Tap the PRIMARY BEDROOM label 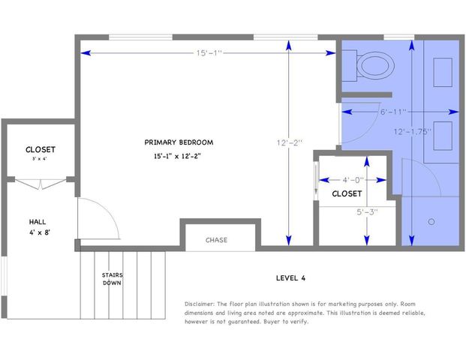pyautogui.click(x=179, y=142)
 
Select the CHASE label pyautogui.click(x=217, y=240)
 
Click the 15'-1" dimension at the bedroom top pyautogui.click(x=209, y=53)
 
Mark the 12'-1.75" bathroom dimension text pyautogui.click(x=413, y=130)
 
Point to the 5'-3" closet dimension pyautogui.click(x=367, y=211)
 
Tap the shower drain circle pyautogui.click(x=431, y=222)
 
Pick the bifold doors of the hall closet pyautogui.click(x=38, y=182)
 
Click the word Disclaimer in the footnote pyautogui.click(x=200, y=304)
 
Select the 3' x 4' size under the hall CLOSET pyautogui.click(x=39, y=159)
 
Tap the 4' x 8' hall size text pyautogui.click(x=38, y=233)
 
